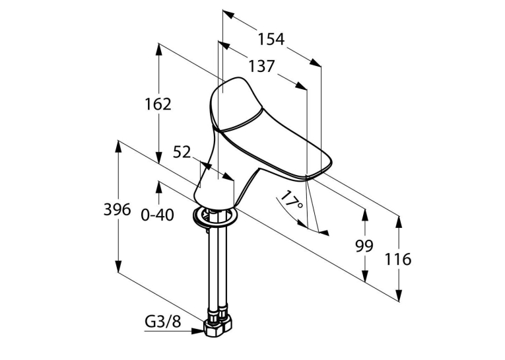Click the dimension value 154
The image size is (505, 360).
(x=271, y=40)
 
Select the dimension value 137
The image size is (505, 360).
(x=261, y=67)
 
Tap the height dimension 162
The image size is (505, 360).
(x=158, y=104)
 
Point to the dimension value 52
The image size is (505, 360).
(x=182, y=152)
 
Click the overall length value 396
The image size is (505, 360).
(x=118, y=210)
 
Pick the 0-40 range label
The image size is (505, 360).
(x=158, y=215)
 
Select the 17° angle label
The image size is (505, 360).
(x=291, y=200)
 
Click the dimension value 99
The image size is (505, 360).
(x=364, y=246)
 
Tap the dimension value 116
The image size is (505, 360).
(x=398, y=259)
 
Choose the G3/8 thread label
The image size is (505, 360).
(x=163, y=321)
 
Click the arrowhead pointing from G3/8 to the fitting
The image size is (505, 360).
(x=197, y=331)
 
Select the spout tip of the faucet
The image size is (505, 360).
(x=319, y=168)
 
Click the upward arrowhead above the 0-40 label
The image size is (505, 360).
(x=158, y=188)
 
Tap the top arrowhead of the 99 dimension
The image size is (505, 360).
(x=365, y=215)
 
